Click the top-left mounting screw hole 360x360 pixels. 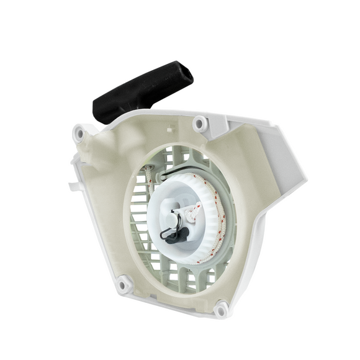pyautogui.click(x=79, y=133)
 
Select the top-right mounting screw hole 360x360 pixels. pyautogui.click(x=199, y=124)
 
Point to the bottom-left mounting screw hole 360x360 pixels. pyautogui.click(x=123, y=285)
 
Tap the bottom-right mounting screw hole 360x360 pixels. pyautogui.click(x=221, y=307)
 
